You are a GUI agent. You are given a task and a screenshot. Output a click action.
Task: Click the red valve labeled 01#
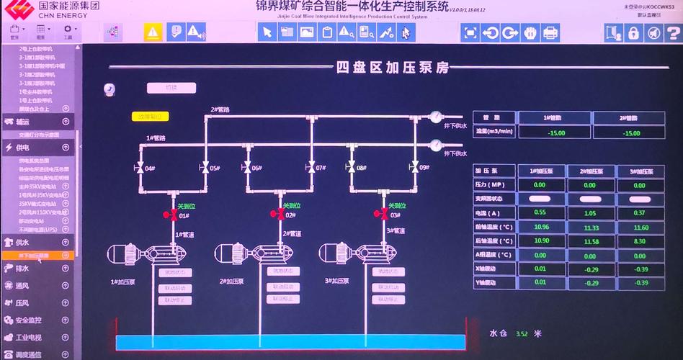(x=172, y=215)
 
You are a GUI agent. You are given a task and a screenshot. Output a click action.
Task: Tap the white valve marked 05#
(x=205, y=168)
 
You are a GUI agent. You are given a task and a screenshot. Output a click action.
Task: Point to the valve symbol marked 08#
(x=351, y=168)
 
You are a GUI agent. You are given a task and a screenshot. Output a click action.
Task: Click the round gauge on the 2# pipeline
(x=435, y=117)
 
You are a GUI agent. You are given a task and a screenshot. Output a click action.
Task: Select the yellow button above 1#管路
(x=149, y=116)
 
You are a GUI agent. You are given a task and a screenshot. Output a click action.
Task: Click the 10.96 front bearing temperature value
(x=541, y=227)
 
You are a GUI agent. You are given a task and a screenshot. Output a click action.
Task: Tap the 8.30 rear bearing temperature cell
(x=640, y=241)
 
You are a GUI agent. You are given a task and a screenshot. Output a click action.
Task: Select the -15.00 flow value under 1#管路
(x=555, y=132)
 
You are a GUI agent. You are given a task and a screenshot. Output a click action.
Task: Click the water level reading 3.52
(x=522, y=333)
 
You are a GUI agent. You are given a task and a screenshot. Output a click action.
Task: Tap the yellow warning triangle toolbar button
(x=152, y=32)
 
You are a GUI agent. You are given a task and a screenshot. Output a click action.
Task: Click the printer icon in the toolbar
(x=550, y=32)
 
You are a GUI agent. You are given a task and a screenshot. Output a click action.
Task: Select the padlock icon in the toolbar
(x=633, y=32)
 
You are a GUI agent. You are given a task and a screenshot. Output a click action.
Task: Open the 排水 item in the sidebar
(x=22, y=269)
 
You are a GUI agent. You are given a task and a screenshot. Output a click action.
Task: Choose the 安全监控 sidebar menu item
(x=29, y=320)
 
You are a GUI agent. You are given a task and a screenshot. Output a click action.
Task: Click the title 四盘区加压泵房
(x=393, y=68)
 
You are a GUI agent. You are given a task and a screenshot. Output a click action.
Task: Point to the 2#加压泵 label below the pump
(x=231, y=281)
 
